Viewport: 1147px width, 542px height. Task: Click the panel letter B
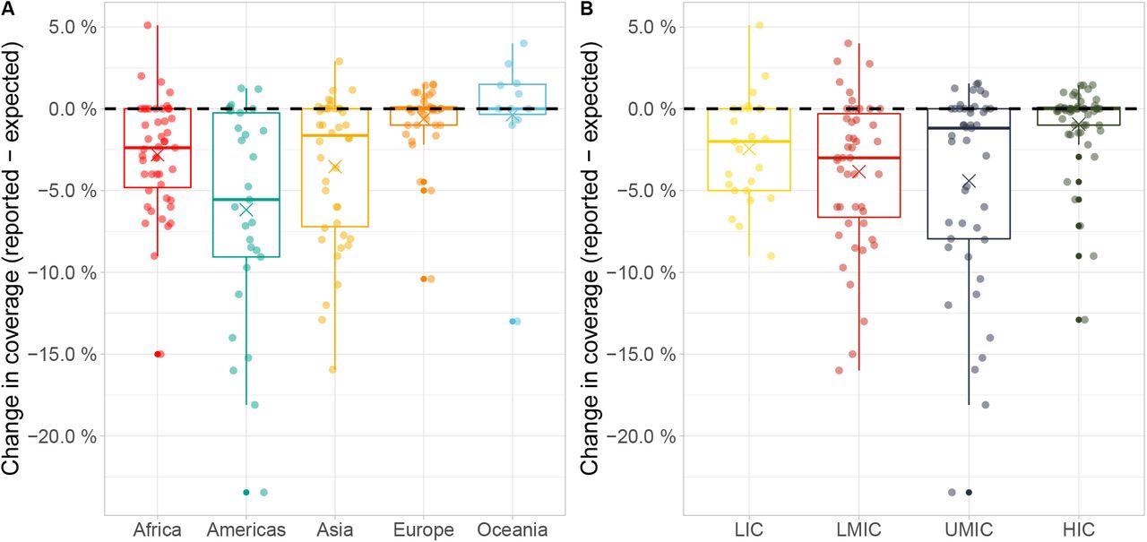point(587,8)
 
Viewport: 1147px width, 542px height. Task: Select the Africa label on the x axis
point(157,529)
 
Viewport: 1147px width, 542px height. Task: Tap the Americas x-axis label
point(246,529)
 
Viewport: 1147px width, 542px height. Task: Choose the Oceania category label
point(513,529)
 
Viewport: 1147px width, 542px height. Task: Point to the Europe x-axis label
point(424,529)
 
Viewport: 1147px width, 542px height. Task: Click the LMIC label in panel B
point(858,529)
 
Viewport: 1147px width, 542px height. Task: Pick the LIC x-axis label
point(749,529)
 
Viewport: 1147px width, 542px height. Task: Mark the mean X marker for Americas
point(246,210)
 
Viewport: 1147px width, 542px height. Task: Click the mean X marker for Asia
point(335,166)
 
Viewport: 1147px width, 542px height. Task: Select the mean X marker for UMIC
point(968,181)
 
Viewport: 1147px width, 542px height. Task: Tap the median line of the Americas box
point(246,200)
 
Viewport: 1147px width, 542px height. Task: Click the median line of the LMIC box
point(858,158)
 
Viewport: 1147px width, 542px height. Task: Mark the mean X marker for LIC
point(749,149)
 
